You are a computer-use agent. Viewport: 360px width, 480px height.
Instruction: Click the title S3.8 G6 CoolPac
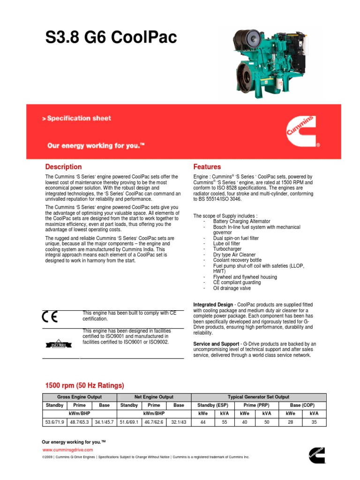point(111,38)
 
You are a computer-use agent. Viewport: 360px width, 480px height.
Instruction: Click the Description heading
point(63,167)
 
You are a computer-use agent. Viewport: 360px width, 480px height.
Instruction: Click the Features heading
point(207,167)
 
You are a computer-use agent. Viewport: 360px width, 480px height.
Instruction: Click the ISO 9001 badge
point(58,345)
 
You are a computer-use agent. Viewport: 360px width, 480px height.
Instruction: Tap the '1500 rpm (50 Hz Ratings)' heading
point(84,385)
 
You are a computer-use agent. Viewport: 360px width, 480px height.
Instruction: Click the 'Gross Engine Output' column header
point(79,397)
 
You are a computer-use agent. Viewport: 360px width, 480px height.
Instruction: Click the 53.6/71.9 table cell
point(54,422)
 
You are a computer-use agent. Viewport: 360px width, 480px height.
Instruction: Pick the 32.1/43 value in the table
point(179,422)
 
